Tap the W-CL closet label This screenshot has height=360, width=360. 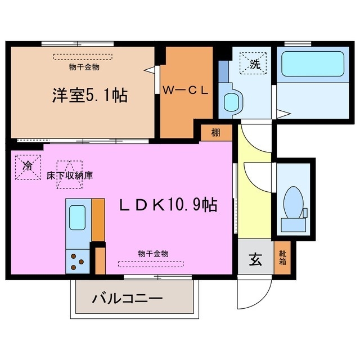(x=186, y=90)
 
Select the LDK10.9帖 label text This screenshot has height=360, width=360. (x=168, y=206)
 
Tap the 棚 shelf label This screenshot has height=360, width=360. (x=215, y=133)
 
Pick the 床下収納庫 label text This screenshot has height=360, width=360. (x=70, y=175)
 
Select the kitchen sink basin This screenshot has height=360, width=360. (x=76, y=217)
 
